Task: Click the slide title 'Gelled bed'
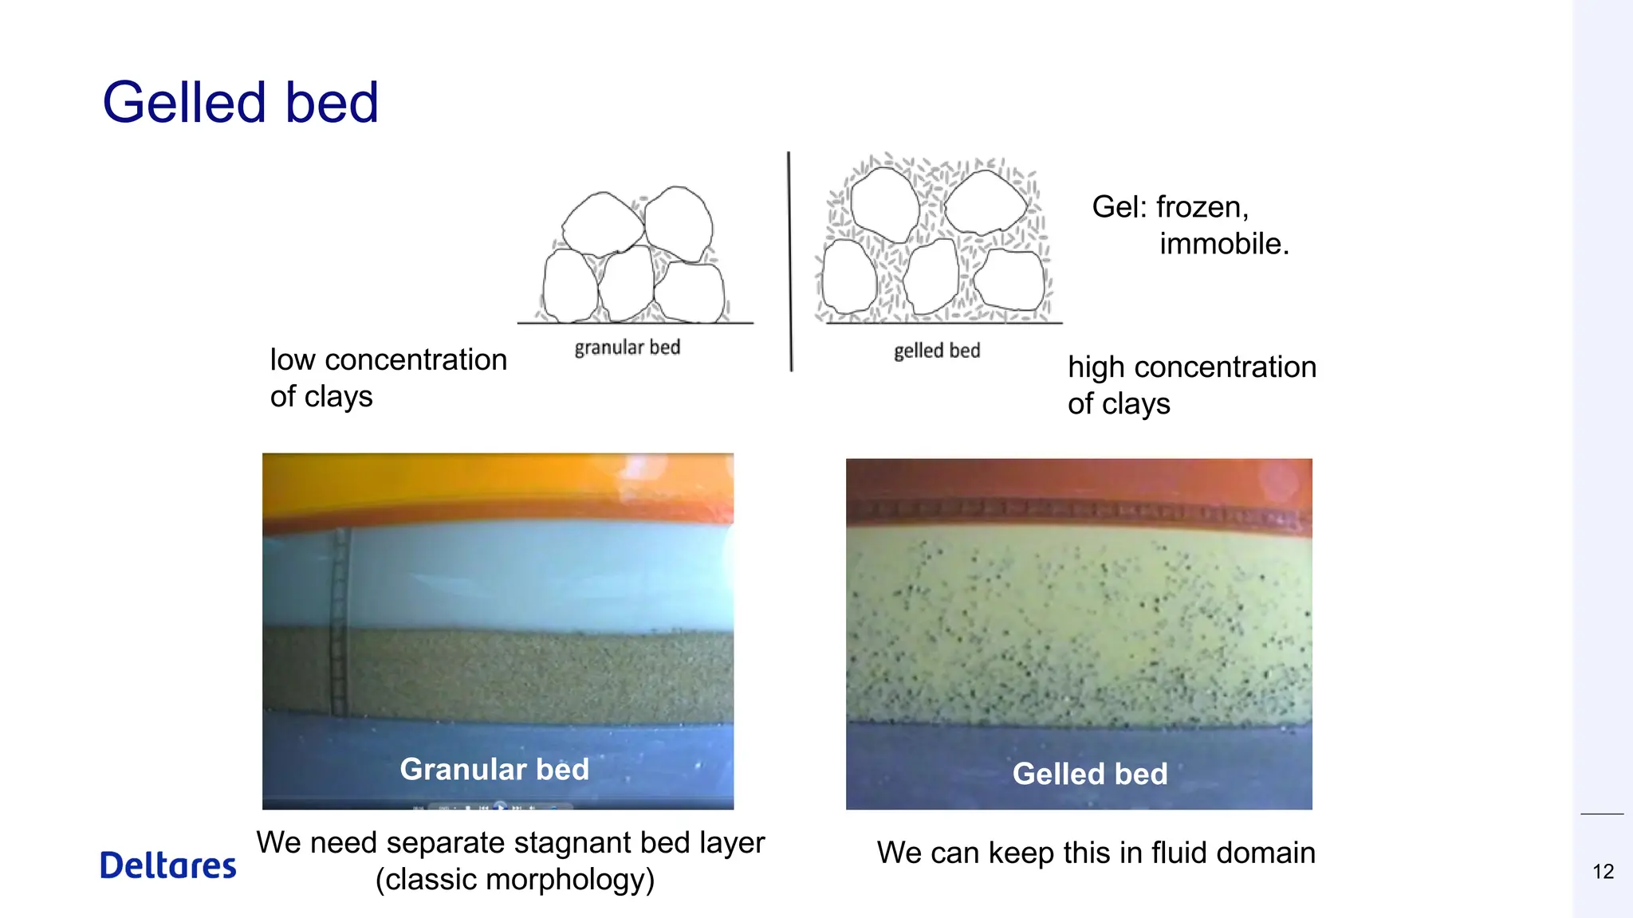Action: click(240, 103)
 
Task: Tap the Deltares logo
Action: click(168, 865)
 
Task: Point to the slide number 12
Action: click(1603, 872)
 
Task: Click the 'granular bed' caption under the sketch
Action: click(627, 347)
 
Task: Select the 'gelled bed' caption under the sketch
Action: click(936, 351)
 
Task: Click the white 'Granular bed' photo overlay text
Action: click(494, 769)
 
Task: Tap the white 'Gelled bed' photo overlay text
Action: click(1089, 774)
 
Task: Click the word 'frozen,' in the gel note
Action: click(1202, 207)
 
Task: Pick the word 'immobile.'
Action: click(1224, 244)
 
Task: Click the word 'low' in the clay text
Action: click(293, 360)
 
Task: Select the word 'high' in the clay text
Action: click(1096, 367)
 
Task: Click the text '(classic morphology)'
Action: click(515, 880)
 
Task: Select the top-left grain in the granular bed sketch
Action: click(602, 223)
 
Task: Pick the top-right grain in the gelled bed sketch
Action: click(985, 202)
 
